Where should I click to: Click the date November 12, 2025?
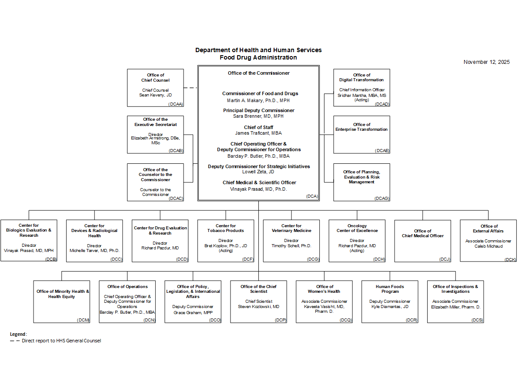(486, 62)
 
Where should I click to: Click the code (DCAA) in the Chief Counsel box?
(176, 104)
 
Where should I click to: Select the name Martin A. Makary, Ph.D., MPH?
(258, 100)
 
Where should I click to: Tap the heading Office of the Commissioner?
(258, 73)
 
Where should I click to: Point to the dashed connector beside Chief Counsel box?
(191, 88)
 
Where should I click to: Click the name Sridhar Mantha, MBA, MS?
(361, 95)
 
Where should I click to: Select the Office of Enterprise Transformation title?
(361, 127)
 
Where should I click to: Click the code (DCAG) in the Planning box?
(382, 198)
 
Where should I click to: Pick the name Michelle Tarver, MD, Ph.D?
(94, 251)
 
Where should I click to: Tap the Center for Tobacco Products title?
(226, 228)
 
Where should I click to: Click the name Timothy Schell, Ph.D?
(291, 246)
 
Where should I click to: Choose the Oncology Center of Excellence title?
(357, 228)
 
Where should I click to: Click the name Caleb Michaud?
(489, 246)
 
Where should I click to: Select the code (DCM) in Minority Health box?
(83, 320)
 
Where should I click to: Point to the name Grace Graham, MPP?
(193, 312)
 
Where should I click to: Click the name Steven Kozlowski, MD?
(258, 307)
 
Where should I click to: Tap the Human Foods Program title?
(390, 289)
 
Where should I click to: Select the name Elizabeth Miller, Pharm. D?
(455, 307)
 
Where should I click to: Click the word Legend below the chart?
(18, 334)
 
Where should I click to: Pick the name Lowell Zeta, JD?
(258, 172)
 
